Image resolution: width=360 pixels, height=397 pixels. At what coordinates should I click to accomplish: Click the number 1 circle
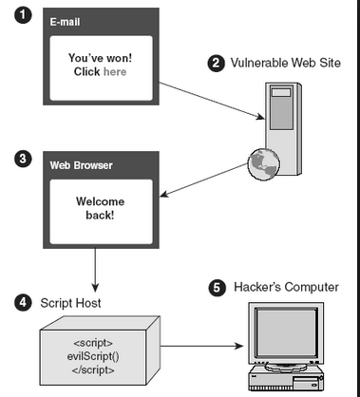click(x=23, y=15)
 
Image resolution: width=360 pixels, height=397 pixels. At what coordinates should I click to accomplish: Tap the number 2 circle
click(x=217, y=63)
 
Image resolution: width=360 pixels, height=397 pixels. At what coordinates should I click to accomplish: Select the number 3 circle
click(x=23, y=159)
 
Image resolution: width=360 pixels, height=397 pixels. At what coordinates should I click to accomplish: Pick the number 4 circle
click(x=23, y=302)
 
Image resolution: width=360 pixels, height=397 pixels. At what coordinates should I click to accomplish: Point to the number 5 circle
click(x=218, y=288)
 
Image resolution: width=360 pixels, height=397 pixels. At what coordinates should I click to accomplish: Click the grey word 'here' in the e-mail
click(x=115, y=72)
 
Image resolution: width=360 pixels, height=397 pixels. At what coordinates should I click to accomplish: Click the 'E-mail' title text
click(x=65, y=22)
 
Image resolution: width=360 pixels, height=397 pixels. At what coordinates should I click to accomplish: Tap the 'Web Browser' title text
click(x=82, y=165)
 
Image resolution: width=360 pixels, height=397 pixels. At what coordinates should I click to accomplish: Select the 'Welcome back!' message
click(x=101, y=208)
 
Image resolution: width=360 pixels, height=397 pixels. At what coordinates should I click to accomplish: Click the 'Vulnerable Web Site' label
click(x=286, y=63)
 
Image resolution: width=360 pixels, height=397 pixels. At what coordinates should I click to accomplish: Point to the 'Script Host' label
click(x=70, y=303)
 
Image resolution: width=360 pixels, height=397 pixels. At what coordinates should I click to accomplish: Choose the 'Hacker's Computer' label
click(x=286, y=287)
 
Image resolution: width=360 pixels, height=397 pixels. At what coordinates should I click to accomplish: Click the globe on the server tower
click(x=264, y=163)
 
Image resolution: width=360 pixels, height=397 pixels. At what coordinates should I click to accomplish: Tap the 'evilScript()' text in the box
click(x=93, y=356)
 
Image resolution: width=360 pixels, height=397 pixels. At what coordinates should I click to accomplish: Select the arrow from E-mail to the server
click(x=212, y=101)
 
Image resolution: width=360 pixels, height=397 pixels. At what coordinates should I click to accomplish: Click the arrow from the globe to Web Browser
click(x=203, y=180)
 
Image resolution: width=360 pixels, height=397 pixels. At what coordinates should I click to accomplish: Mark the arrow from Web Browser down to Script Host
click(x=95, y=270)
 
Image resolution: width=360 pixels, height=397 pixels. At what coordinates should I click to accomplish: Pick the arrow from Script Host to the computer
click(x=201, y=346)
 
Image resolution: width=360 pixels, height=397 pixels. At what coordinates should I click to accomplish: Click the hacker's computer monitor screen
click(x=286, y=332)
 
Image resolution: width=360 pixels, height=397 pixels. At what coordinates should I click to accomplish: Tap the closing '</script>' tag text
click(x=93, y=370)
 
